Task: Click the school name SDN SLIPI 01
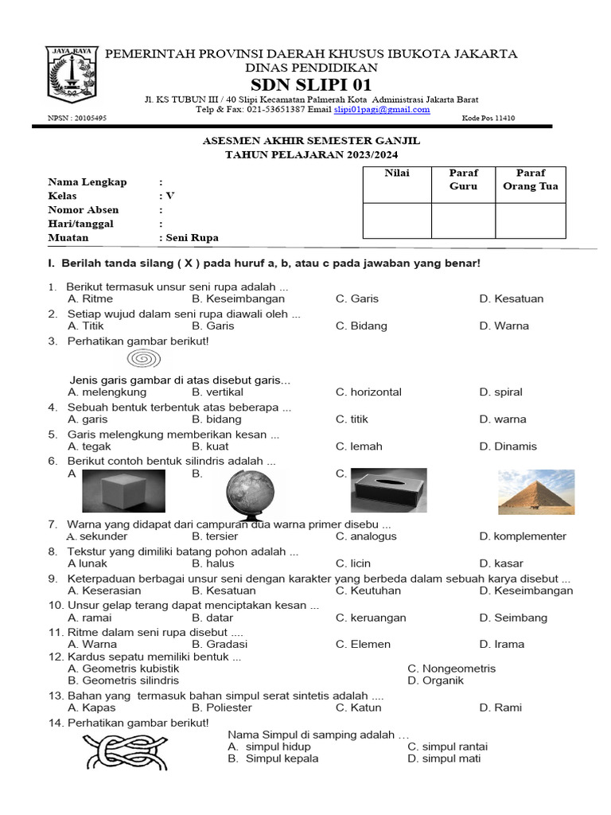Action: [311, 85]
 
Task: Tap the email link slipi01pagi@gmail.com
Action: [382, 110]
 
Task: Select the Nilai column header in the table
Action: [396, 174]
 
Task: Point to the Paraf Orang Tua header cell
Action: [531, 180]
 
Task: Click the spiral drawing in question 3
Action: [141, 360]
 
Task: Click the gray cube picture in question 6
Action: [123, 490]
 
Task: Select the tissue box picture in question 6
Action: [388, 491]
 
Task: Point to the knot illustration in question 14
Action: [126, 752]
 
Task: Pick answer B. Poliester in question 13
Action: [222, 708]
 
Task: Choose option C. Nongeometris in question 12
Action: [451, 669]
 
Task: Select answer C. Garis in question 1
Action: [357, 298]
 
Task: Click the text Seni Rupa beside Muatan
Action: [191, 237]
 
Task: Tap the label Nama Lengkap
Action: [88, 182]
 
